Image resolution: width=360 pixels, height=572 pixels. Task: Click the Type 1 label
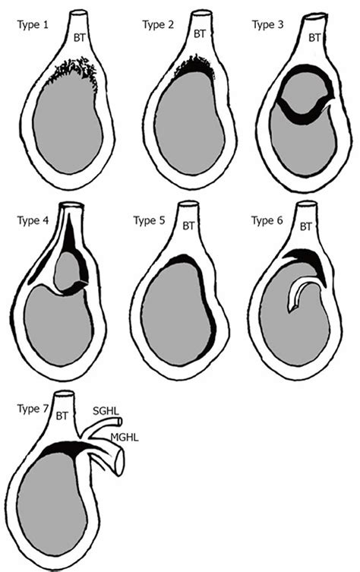33,25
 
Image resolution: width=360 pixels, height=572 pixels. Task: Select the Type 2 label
158,25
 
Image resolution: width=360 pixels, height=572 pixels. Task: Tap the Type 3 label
267,25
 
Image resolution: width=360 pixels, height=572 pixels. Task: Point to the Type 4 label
33,221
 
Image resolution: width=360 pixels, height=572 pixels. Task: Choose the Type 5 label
149,221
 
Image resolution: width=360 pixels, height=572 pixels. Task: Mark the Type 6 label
267,221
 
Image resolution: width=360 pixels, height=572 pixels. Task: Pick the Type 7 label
33,409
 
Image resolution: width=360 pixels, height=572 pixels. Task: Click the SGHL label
106,411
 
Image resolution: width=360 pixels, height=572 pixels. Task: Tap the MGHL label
125,437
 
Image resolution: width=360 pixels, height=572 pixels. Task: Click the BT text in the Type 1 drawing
80,37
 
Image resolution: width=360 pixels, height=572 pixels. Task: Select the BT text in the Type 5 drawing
188,226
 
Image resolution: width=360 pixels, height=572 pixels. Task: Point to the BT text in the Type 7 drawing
62,416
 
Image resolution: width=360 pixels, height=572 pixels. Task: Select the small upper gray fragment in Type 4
68,270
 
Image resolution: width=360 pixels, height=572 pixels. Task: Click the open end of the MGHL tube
120,463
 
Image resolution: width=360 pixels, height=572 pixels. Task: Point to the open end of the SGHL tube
120,422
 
